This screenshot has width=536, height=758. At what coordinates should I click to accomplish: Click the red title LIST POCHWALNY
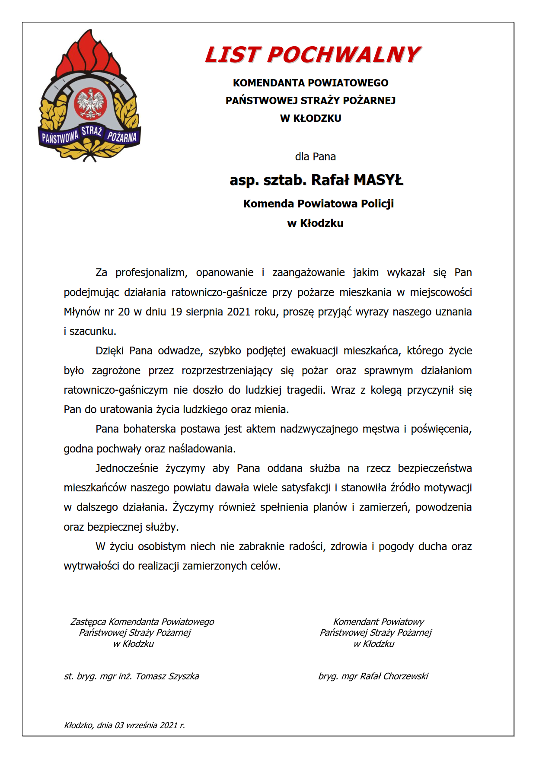[313, 55]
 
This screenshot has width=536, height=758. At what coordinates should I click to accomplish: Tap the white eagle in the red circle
[90, 104]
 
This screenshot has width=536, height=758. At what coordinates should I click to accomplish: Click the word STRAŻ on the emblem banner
[92, 131]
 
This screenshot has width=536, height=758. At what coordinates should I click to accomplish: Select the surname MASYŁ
[378, 180]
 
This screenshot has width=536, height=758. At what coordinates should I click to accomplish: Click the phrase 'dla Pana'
[315, 156]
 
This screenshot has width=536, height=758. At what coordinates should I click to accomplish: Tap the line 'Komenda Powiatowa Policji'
[318, 204]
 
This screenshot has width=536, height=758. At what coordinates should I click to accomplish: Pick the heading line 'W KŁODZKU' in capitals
[310, 118]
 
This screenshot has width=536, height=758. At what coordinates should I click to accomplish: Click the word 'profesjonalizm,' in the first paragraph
[151, 273]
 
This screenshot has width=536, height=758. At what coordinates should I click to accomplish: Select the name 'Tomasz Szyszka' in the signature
[167, 676]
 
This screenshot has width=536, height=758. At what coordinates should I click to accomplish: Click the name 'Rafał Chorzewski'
[394, 676]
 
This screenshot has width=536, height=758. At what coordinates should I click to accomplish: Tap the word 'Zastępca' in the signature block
[88, 622]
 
